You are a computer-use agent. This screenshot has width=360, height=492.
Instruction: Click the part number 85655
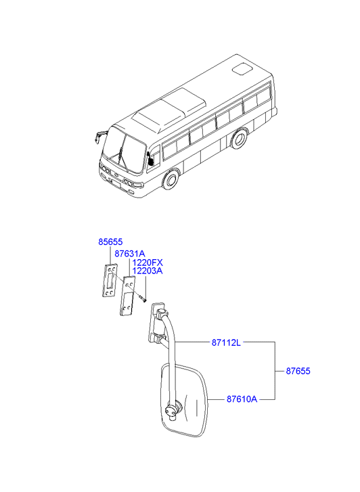click(110, 242)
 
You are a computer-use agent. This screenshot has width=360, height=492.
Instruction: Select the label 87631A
click(130, 254)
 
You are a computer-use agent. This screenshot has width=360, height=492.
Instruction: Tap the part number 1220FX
click(148, 263)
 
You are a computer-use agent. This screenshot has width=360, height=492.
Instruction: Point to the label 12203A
click(148, 271)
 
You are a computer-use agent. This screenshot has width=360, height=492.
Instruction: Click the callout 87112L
click(226, 342)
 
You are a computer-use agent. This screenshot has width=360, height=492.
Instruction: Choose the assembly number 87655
click(298, 371)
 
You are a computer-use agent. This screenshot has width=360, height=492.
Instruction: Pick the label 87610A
click(242, 399)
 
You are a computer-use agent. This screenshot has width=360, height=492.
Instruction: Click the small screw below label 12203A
click(143, 299)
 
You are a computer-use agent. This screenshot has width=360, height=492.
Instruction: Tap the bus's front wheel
click(171, 181)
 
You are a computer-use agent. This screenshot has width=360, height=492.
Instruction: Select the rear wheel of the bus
click(239, 138)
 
